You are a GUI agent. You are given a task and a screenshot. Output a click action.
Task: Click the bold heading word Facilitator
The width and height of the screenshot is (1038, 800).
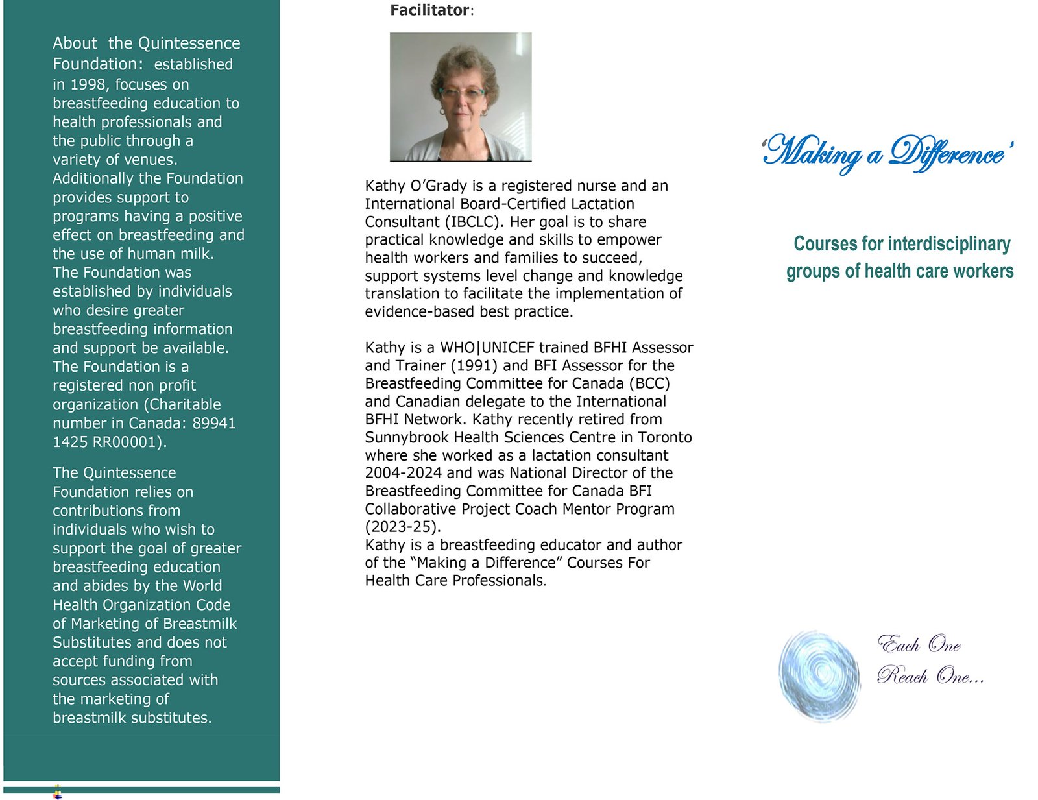point(429,10)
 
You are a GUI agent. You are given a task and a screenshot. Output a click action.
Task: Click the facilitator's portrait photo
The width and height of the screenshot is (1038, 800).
point(461,97)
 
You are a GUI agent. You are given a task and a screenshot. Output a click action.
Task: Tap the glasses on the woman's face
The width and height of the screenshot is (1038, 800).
point(461,93)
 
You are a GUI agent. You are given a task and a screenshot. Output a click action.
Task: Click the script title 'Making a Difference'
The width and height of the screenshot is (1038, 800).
point(887,154)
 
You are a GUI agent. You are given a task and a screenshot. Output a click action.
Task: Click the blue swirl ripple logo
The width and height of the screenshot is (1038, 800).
point(819,675)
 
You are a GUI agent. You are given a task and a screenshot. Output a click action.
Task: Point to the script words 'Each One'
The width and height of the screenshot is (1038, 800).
point(919,644)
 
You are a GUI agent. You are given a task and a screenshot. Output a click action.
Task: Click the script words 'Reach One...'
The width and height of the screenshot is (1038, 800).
point(930,676)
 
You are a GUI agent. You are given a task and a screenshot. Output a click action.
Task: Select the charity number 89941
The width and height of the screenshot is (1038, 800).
point(214,423)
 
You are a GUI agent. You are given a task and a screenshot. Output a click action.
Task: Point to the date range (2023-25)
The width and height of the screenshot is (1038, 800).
point(402,526)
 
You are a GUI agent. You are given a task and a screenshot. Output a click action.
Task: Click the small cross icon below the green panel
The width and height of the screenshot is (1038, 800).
point(58,792)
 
